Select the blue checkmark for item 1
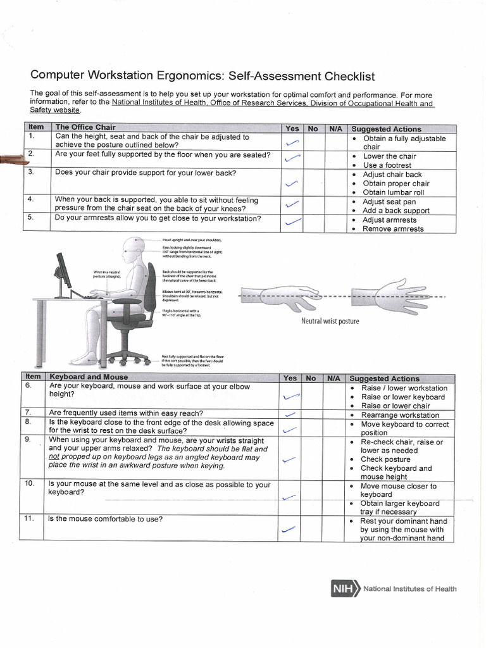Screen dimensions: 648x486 [292, 143]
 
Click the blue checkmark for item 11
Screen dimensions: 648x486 [289, 529]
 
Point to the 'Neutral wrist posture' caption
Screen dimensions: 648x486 [330, 321]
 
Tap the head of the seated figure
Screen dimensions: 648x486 [135, 249]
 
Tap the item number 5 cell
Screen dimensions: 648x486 [30, 218]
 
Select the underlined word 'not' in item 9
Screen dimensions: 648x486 [54, 457]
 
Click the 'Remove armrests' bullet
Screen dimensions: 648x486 [393, 228]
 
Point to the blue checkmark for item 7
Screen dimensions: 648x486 [290, 414]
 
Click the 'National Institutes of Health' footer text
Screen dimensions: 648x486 [409, 589]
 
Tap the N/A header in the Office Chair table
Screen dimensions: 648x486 [335, 128]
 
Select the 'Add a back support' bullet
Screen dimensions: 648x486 [396, 211]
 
